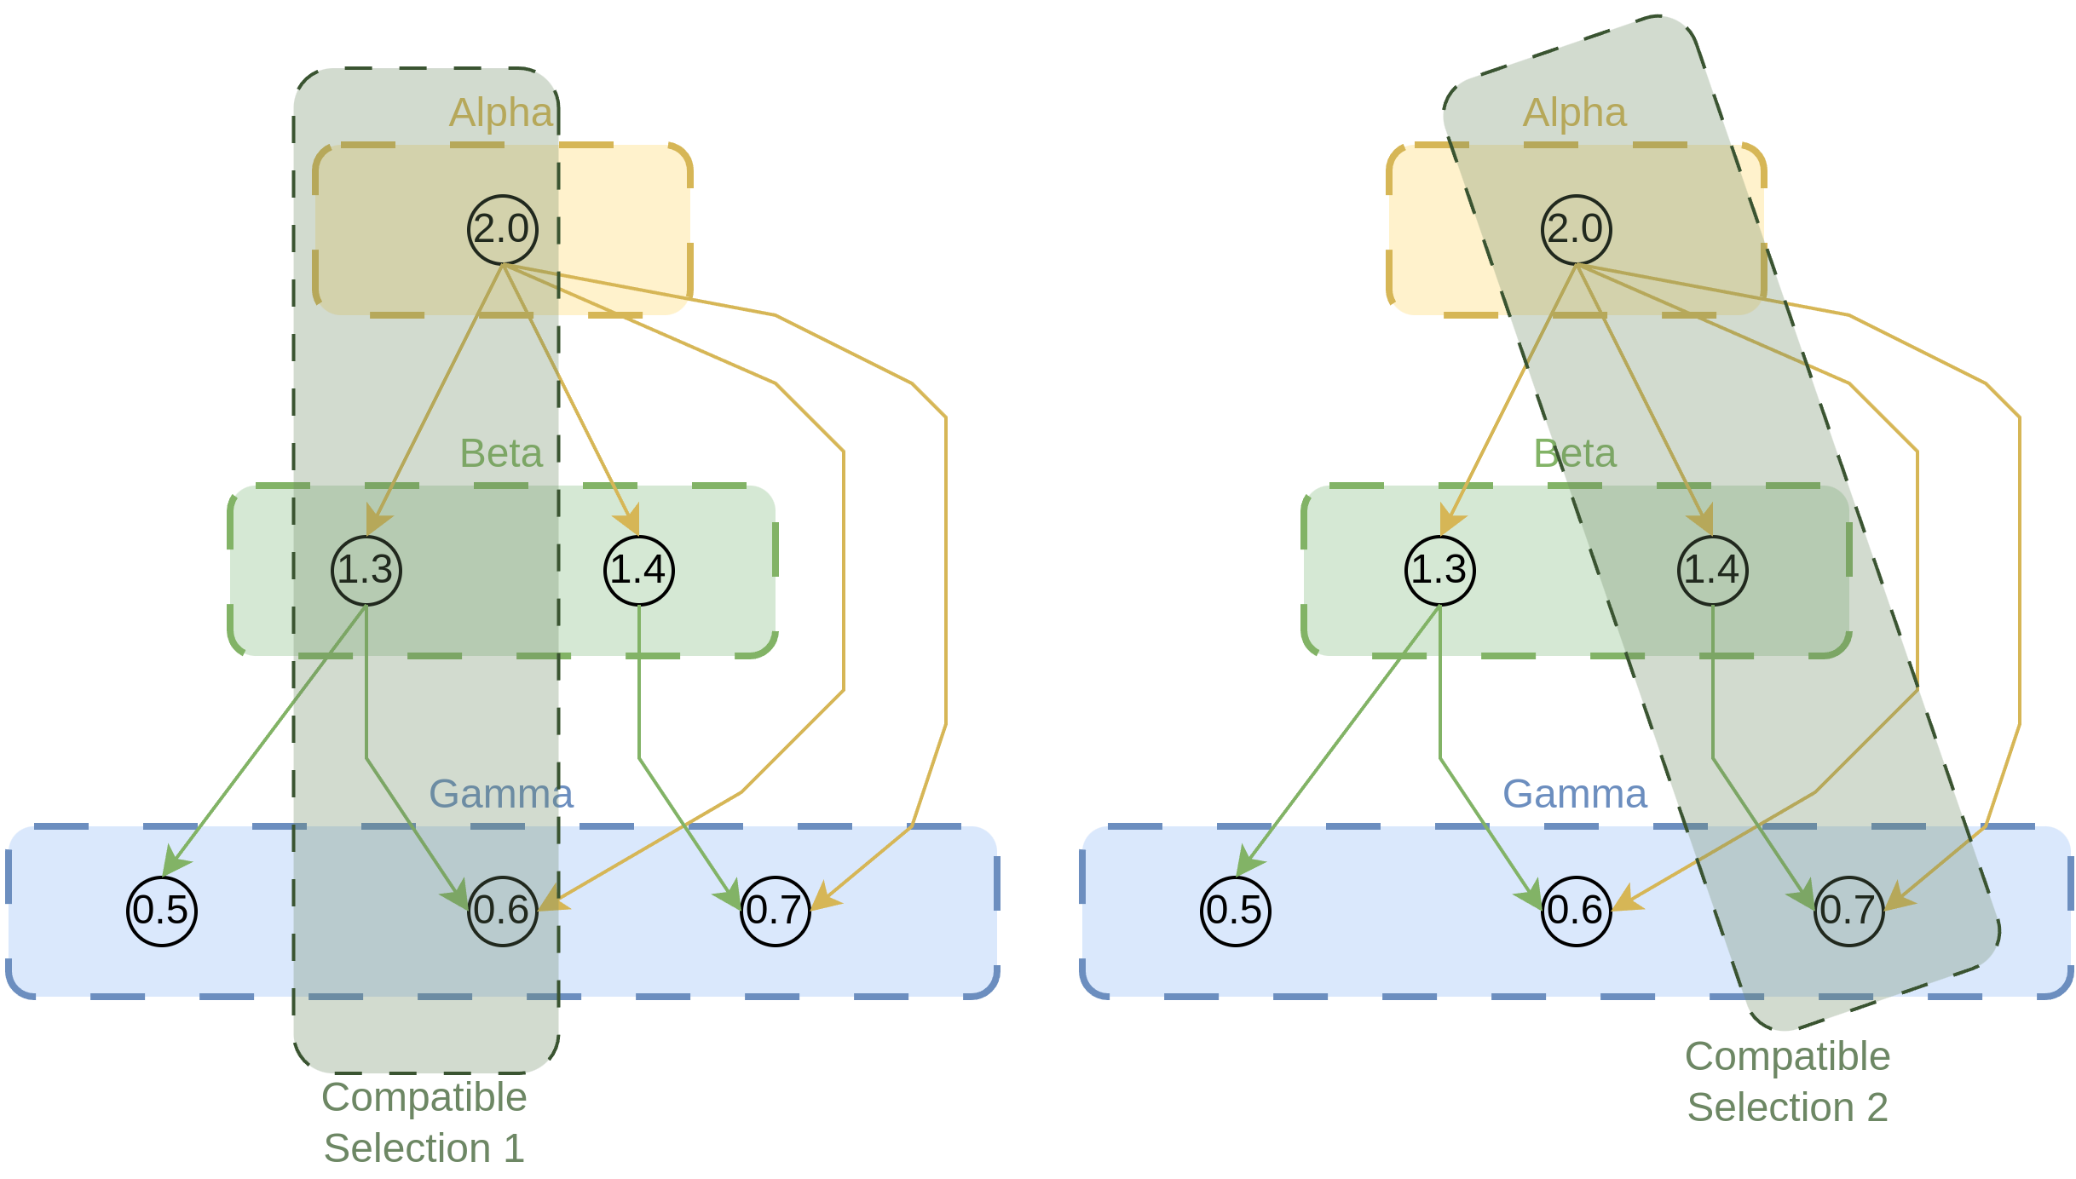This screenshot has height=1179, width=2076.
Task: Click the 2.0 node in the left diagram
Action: [503, 230]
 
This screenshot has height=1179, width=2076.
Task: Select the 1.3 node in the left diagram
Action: [366, 570]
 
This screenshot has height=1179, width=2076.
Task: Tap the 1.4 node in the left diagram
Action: [639, 570]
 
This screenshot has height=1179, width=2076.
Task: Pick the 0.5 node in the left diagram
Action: [162, 911]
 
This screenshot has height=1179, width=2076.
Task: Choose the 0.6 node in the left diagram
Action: [503, 911]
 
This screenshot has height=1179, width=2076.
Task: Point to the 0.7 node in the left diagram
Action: [776, 911]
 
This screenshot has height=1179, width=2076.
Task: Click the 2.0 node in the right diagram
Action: [1577, 230]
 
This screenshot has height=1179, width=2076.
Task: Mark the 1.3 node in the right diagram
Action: [1440, 570]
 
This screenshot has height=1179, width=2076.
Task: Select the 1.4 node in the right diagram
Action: [1713, 570]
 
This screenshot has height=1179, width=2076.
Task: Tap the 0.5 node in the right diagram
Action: [1236, 911]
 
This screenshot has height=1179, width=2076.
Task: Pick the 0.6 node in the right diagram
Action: [1577, 911]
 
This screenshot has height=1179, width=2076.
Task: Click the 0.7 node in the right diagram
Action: [1849, 911]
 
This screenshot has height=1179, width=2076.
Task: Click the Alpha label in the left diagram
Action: [501, 112]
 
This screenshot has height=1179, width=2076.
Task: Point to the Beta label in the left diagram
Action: [501, 453]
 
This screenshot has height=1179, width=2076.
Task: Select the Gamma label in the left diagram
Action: [501, 794]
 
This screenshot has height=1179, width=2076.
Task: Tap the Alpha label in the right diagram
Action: [1575, 112]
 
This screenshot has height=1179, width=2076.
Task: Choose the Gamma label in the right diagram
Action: [1575, 794]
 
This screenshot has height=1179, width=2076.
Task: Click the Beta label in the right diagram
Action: [1575, 453]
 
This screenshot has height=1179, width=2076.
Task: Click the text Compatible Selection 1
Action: [424, 1122]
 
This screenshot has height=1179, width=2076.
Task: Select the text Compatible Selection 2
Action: [1788, 1081]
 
